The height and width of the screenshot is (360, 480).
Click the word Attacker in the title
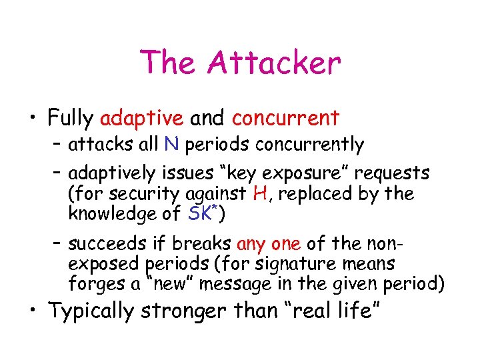coord(274,63)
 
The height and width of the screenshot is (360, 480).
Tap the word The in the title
coord(168,63)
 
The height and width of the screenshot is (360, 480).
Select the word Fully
coord(70,119)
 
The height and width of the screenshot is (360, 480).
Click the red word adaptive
coord(141,119)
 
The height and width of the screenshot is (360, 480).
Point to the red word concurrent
coord(285,119)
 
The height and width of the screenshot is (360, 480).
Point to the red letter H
coord(260,194)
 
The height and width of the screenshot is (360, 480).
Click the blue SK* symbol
coord(201,213)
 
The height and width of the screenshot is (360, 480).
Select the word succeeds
coord(102,244)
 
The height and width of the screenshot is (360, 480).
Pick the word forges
coord(91,285)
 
